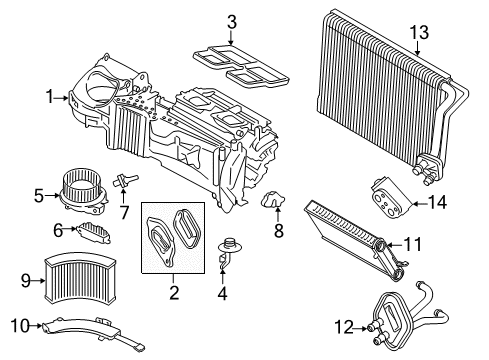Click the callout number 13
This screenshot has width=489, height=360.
419,33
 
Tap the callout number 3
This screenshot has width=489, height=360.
232,22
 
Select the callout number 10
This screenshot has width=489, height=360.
20,325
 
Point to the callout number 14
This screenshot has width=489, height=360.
437,202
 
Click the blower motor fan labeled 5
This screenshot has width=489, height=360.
84,192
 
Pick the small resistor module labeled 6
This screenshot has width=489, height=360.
94,232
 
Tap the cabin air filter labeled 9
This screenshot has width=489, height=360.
80,279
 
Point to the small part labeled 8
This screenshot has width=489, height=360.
273,199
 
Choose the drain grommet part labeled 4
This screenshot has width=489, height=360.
228,252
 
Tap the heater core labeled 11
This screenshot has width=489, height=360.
354,238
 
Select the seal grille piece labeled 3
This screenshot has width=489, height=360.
241,64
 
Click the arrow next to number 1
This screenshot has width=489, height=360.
62,98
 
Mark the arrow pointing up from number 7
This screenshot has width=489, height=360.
123,196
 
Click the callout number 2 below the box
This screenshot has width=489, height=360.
174,292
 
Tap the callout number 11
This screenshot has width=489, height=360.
413,244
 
